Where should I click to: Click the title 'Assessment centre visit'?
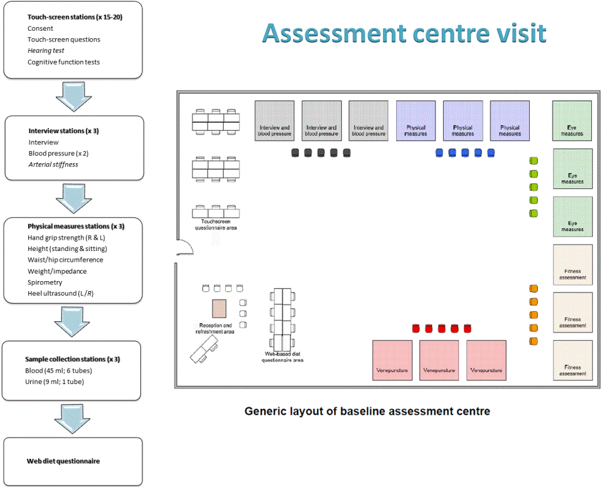(x=404, y=33)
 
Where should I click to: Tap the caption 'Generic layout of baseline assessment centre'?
(x=367, y=412)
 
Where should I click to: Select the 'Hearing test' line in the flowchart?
(x=46, y=51)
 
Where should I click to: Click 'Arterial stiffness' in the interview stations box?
(x=53, y=164)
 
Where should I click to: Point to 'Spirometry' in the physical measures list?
(x=45, y=282)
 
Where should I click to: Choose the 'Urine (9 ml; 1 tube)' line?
(x=56, y=382)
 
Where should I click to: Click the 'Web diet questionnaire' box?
(x=72, y=461)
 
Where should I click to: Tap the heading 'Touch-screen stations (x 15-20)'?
(x=75, y=17)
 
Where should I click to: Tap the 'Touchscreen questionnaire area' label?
(x=216, y=224)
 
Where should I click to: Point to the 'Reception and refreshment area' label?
(x=216, y=328)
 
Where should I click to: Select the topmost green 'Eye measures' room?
(x=572, y=120)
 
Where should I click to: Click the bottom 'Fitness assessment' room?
(x=572, y=360)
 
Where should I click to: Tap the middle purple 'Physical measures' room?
(x=463, y=120)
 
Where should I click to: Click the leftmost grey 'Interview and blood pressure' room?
(x=275, y=120)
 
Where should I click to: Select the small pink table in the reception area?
(x=219, y=309)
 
